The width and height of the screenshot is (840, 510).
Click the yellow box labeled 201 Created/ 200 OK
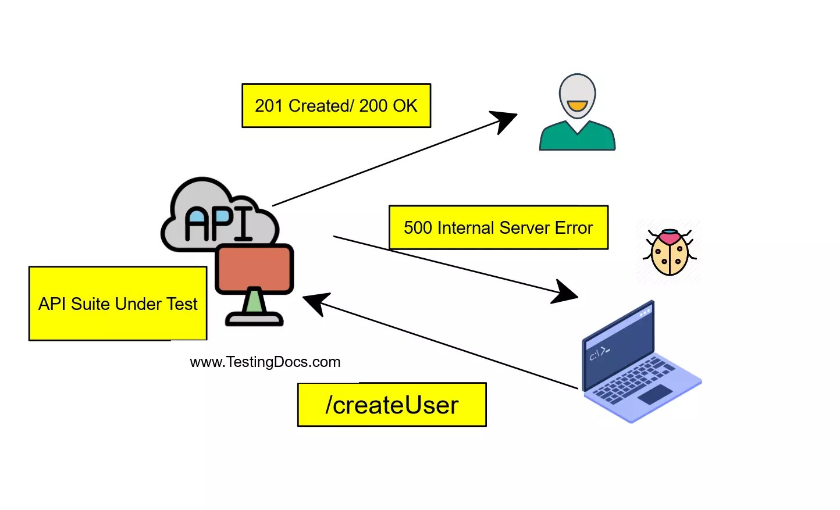coord(336,106)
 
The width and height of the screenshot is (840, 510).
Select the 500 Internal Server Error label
coord(498,227)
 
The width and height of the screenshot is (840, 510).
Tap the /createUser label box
coord(391,405)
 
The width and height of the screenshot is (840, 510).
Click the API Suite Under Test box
coord(118,304)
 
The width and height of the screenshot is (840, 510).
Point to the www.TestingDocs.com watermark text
coord(265,362)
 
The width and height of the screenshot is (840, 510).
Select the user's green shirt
coord(576,138)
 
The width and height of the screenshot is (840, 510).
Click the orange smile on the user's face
coord(577,106)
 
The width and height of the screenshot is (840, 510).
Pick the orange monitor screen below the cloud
coord(254,269)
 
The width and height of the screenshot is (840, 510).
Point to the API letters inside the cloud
coord(219,223)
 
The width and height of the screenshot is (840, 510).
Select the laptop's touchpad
coord(655,394)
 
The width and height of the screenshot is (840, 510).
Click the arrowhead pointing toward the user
coord(504,120)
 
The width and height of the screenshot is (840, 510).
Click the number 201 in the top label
coord(268,106)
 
